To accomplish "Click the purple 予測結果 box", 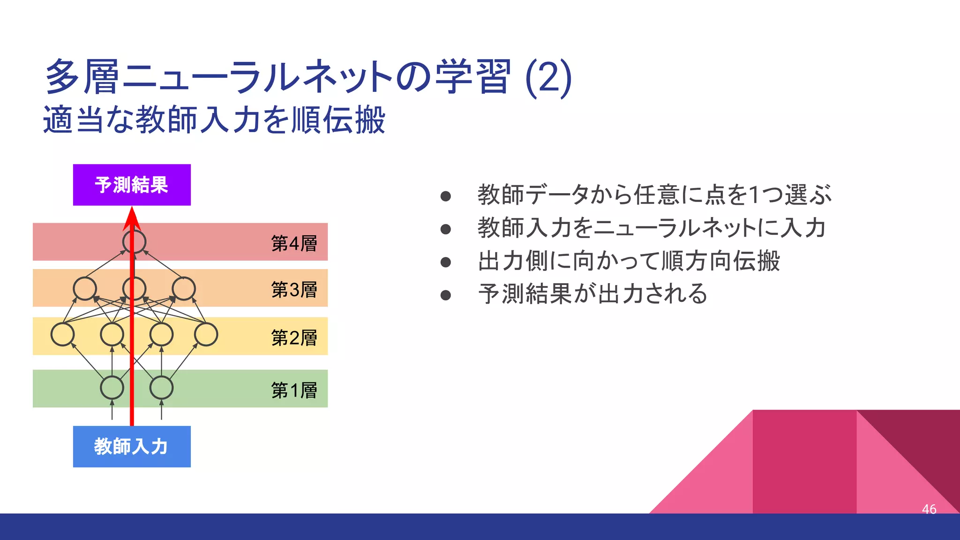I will (132, 185).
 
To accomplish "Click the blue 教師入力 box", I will (132, 446).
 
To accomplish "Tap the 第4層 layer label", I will (294, 243).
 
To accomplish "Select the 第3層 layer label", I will (294, 290).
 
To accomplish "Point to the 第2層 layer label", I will (294, 337).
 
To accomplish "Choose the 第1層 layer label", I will (294, 390).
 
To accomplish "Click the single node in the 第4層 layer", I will (134, 242).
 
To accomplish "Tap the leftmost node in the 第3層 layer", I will (85, 288).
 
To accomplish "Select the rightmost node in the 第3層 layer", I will (184, 288).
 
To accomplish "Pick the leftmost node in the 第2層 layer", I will (62, 334).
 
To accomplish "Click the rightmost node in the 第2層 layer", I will (206, 334).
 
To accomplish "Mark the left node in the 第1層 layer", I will (112, 388).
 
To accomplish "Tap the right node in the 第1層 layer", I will (161, 388).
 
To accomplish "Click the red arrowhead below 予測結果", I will (132, 219).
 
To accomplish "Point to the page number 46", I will (929, 509).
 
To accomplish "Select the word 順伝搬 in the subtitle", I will (338, 120).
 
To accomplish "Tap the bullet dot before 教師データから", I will (446, 196).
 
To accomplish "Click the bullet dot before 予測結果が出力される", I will (446, 295).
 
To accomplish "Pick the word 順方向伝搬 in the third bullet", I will (720, 261).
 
